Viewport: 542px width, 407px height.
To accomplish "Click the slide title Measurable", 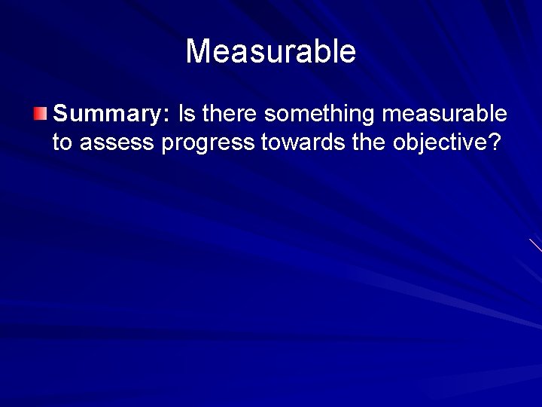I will point(270,52).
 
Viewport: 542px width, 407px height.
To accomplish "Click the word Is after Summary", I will point(186,115).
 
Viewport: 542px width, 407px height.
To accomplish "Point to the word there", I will point(230,115).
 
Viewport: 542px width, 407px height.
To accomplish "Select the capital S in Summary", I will point(61,115).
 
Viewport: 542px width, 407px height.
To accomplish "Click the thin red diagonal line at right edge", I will point(535,244).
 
